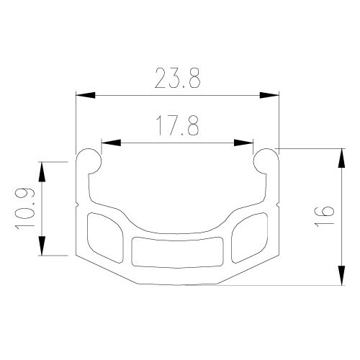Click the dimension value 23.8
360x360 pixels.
tap(177, 78)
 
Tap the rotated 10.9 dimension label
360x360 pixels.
tap(24, 208)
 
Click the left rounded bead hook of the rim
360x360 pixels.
tap(89, 161)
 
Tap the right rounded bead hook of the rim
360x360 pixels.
tap(266, 161)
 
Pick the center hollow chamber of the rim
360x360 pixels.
tap(177, 251)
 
